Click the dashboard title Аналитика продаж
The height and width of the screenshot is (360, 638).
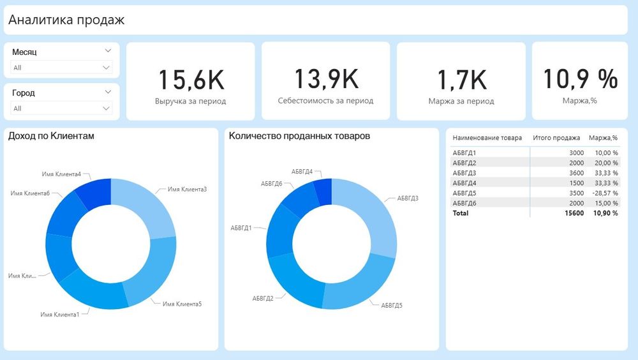66,20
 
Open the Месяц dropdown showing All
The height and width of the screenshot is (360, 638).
62,68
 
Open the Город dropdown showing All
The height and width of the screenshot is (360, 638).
62,109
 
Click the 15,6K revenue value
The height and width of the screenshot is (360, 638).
190,80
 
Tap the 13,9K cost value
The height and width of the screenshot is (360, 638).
325,79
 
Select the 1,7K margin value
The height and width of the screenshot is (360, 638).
461,80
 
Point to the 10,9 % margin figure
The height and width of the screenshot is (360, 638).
580,79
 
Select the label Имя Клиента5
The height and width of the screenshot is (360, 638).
182,304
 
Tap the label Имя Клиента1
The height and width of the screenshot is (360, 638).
59,315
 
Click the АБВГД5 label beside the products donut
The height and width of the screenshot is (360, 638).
391,306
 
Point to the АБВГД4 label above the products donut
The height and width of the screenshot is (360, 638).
302,172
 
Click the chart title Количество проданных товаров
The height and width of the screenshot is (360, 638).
299,136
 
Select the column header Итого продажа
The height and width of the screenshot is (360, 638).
556,138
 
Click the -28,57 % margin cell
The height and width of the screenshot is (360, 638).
603,193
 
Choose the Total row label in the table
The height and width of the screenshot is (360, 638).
460,213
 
